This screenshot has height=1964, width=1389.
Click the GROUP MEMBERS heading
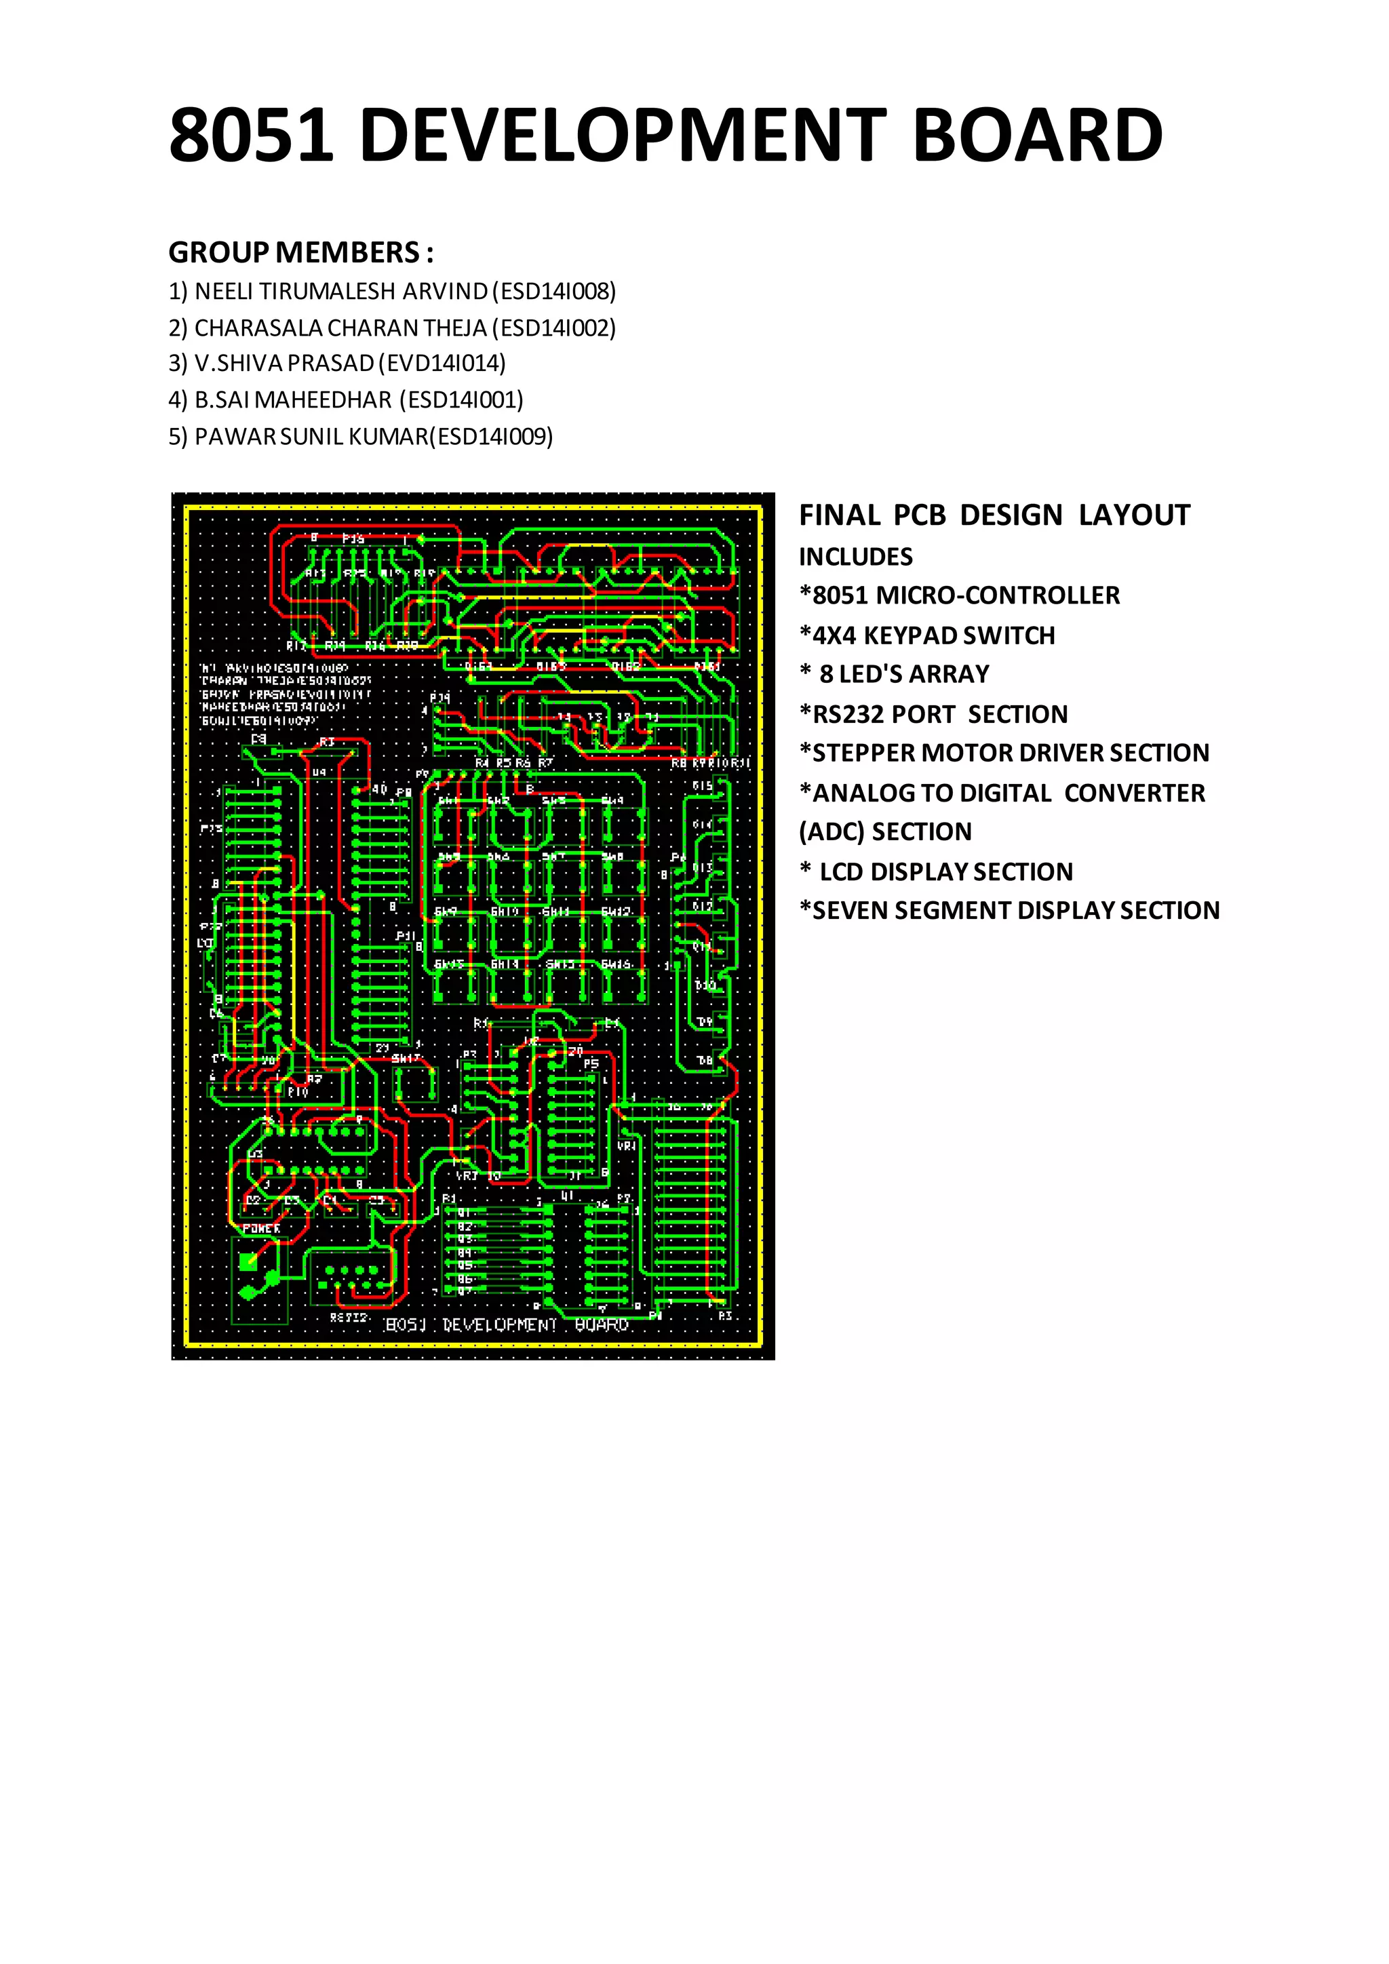[x=301, y=252]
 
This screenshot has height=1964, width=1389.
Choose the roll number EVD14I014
[x=446, y=364]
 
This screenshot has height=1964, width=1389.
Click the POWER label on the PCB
[x=262, y=1228]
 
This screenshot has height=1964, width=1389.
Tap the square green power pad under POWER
[x=249, y=1261]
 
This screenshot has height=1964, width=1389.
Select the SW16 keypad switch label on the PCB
[x=616, y=964]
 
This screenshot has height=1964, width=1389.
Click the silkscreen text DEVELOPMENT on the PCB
[x=499, y=1325]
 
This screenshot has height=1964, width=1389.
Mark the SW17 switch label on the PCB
[x=406, y=1058]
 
